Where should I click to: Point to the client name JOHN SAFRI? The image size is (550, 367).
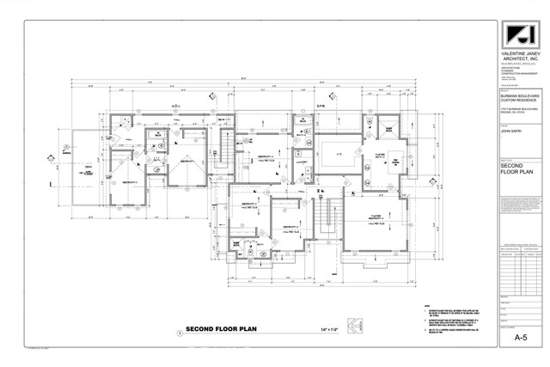tap(513, 132)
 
